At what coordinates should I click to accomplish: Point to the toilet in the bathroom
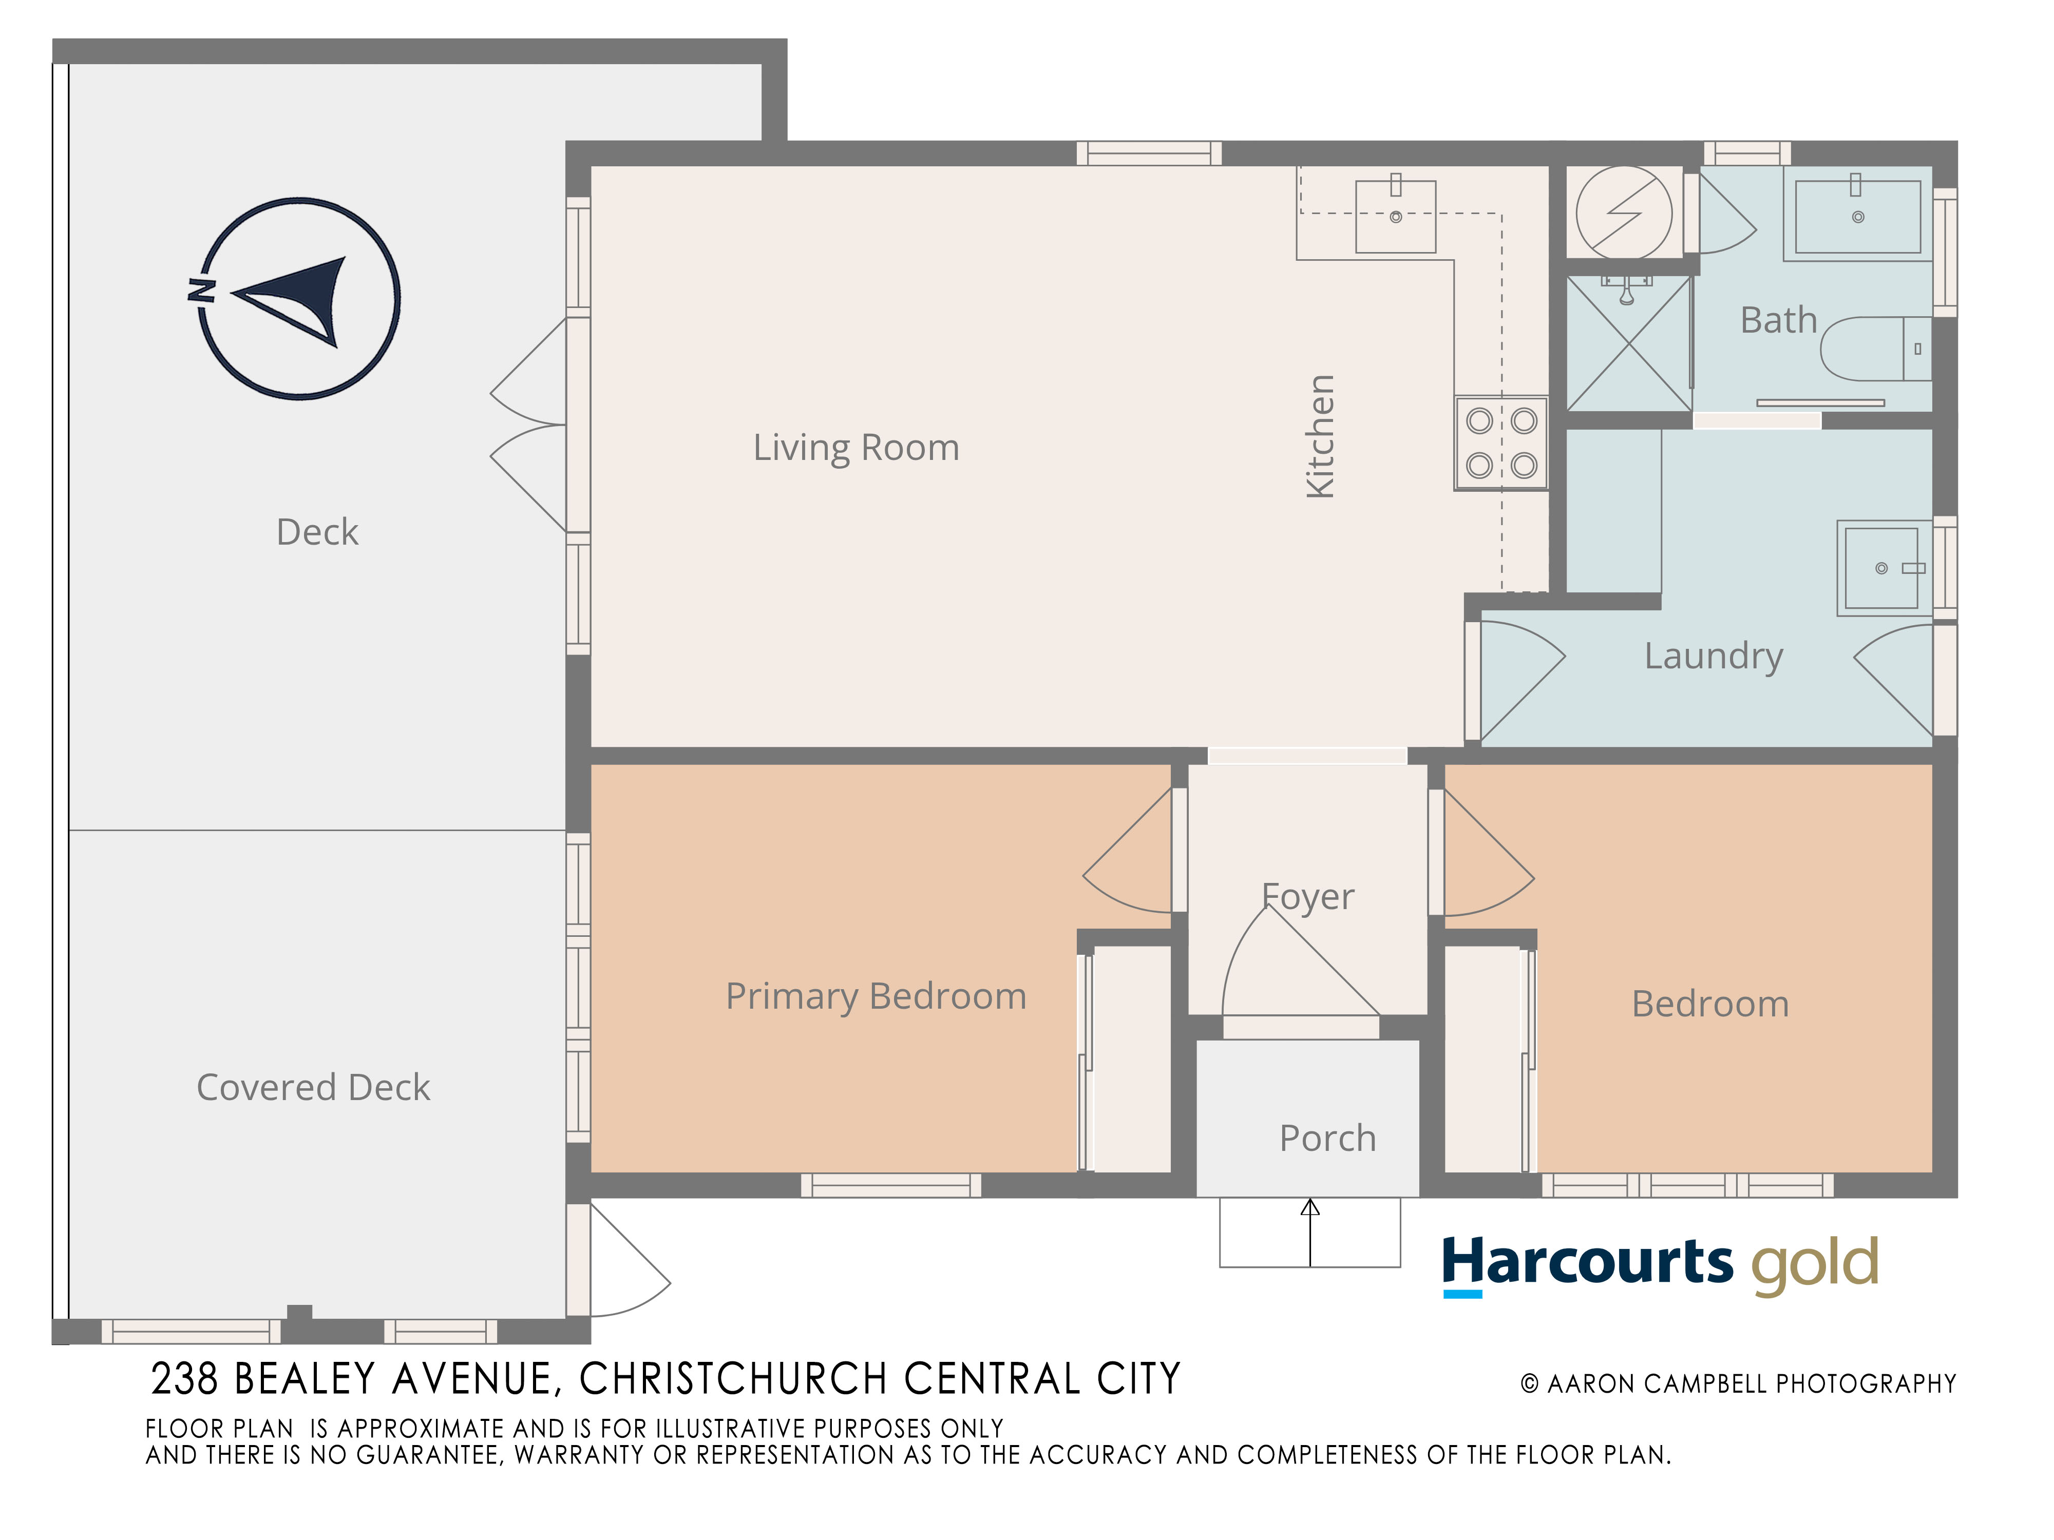tap(1876, 349)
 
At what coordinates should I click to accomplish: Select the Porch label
tap(1328, 1138)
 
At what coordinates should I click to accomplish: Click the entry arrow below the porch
tap(1310, 1233)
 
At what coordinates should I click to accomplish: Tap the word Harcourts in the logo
tap(1587, 1263)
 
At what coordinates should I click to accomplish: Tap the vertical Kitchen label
tap(1320, 436)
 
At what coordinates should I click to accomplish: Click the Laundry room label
tap(1714, 656)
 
